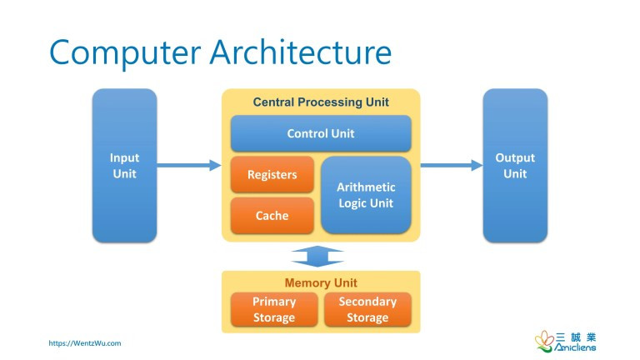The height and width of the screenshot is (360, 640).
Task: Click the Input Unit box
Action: tap(124, 165)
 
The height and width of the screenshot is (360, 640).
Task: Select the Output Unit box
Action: tap(515, 165)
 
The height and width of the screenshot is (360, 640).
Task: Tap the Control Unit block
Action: tap(321, 133)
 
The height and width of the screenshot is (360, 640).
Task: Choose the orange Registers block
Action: tap(272, 175)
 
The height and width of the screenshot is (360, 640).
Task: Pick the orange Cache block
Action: tap(272, 216)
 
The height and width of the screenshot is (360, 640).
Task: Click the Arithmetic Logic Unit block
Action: tap(366, 195)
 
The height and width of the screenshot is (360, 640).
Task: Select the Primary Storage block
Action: tap(274, 309)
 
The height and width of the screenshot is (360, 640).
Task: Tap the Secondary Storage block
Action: tap(367, 309)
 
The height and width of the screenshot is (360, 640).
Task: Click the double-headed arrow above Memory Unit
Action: tap(317, 256)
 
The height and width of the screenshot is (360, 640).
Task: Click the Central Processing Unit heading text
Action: tap(321, 102)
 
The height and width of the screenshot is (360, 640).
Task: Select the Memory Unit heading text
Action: tap(321, 283)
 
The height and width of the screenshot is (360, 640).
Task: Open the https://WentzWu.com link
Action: tap(85, 342)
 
